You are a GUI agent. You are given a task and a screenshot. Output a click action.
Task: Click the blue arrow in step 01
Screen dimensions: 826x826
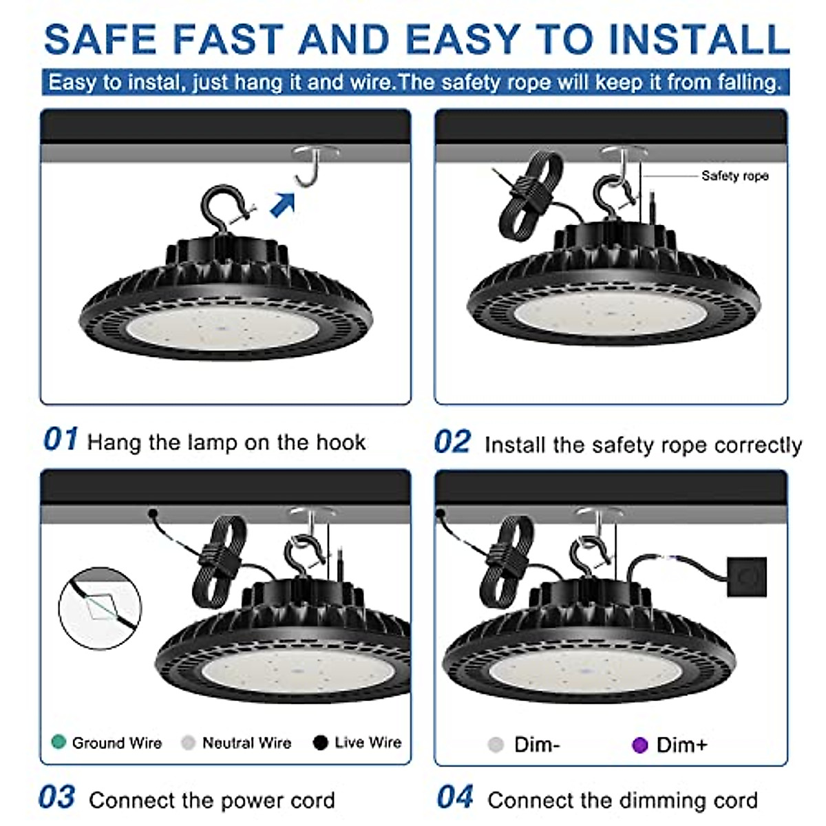click(x=283, y=204)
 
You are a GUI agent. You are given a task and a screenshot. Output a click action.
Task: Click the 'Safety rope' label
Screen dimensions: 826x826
click(x=734, y=176)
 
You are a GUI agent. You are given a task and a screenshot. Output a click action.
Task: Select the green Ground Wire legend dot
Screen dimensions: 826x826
click(x=59, y=742)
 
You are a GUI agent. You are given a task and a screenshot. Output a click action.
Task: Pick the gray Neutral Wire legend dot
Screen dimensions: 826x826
click(x=188, y=743)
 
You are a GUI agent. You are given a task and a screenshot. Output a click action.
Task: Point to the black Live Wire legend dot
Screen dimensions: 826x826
click(x=320, y=742)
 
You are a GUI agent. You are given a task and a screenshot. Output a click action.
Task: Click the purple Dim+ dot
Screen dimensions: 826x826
click(x=640, y=745)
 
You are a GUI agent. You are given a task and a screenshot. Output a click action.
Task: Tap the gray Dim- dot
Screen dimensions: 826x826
click(x=496, y=745)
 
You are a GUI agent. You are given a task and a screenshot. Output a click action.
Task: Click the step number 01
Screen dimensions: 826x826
click(x=61, y=440)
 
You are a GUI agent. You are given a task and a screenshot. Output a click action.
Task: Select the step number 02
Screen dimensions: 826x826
click(x=453, y=443)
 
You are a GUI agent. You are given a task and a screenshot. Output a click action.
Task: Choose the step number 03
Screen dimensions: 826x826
click(x=56, y=798)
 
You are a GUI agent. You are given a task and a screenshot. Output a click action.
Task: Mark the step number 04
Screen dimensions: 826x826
click(x=455, y=798)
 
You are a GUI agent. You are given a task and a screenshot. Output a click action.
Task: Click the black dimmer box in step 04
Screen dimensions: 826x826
click(x=746, y=577)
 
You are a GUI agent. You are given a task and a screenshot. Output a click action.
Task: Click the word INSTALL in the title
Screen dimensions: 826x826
click(x=699, y=40)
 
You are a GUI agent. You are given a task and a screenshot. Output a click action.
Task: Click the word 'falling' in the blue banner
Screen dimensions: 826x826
click(x=749, y=83)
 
